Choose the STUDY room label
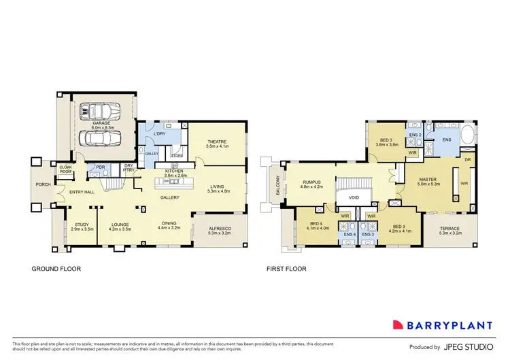click(x=82, y=226)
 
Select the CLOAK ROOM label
click(x=66, y=168)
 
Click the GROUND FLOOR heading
click(x=56, y=269)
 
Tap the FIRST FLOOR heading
click(x=286, y=269)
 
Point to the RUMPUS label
click(x=311, y=182)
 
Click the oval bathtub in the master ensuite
click(x=468, y=137)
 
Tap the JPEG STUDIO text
click(x=470, y=346)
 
